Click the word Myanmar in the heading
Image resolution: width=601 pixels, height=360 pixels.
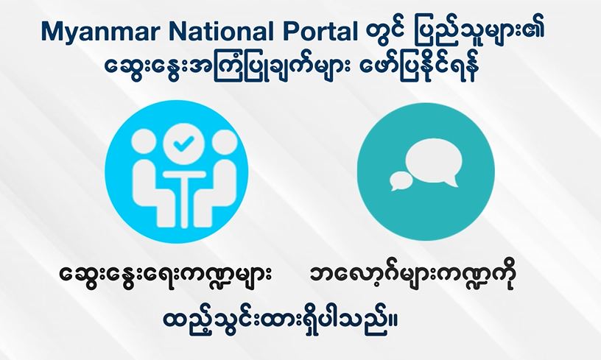tap(99, 32)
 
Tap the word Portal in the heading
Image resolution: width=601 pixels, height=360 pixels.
tap(320, 31)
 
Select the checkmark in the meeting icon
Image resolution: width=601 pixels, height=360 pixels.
tap(183, 144)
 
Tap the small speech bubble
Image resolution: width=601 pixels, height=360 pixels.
tap(401, 180)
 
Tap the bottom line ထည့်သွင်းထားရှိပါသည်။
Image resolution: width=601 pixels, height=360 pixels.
tap(280, 325)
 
